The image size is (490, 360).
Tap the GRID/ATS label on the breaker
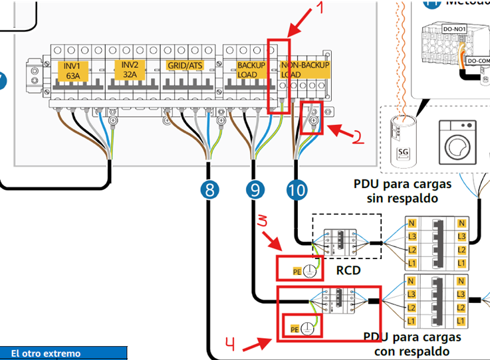click(x=185, y=66)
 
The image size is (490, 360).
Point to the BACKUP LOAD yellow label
click(x=251, y=70)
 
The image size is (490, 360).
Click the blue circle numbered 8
click(x=209, y=191)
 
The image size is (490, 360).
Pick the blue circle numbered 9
click(x=255, y=191)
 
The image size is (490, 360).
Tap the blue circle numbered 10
click(x=298, y=191)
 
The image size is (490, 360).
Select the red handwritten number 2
click(x=357, y=137)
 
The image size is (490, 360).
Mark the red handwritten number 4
click(x=230, y=343)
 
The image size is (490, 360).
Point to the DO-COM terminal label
click(x=477, y=60)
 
